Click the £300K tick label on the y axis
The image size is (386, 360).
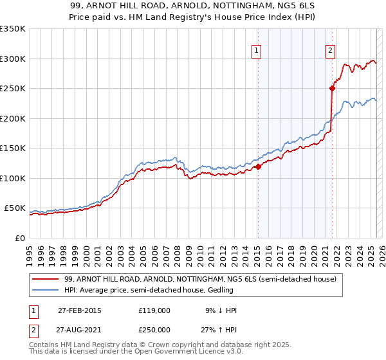pyautogui.click(x=13, y=59)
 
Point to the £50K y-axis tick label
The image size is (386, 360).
pyautogui.click(x=15, y=208)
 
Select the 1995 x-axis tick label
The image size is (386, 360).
pyautogui.click(x=30, y=251)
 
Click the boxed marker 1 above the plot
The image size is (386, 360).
pyautogui.click(x=256, y=51)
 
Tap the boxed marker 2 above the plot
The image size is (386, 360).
pyautogui.click(x=330, y=51)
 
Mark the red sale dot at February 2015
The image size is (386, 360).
pyautogui.click(x=258, y=166)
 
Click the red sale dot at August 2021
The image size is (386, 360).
pyautogui.click(x=333, y=88)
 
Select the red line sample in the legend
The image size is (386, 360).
pyautogui.click(x=46, y=279)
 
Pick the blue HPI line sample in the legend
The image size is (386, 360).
pyautogui.click(x=46, y=291)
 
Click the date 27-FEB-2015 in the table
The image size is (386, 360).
pyautogui.click(x=80, y=310)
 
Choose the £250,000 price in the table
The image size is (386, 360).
pyautogui.click(x=154, y=330)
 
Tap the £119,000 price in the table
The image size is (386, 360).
pyautogui.click(x=154, y=310)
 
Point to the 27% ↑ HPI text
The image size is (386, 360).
pyautogui.click(x=220, y=330)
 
